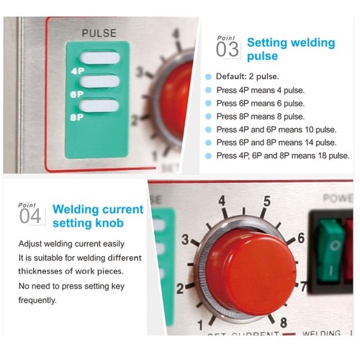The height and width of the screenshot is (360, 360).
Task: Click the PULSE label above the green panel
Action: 99,33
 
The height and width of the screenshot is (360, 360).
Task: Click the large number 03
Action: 228,50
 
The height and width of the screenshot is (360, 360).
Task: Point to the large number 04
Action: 30,216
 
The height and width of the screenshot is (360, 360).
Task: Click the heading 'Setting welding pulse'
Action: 291,49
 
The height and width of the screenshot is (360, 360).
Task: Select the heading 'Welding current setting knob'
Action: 98,216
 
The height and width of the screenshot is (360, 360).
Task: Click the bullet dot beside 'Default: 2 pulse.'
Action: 208,77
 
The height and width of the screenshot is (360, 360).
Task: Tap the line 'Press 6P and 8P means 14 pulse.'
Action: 276,143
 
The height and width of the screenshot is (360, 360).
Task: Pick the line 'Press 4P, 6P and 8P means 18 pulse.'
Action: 283,156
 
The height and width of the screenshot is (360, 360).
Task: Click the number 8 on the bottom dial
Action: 284,323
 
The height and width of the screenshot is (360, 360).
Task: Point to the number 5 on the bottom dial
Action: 267,201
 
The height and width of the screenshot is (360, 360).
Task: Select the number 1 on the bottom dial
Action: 200,325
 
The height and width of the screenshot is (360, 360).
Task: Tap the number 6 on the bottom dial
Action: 301,238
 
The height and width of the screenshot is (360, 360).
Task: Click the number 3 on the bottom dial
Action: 185,240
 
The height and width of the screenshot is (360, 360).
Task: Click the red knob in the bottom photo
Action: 251,271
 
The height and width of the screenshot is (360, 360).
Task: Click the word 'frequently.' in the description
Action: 37,300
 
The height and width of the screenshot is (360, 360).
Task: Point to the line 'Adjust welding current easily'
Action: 71,243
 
